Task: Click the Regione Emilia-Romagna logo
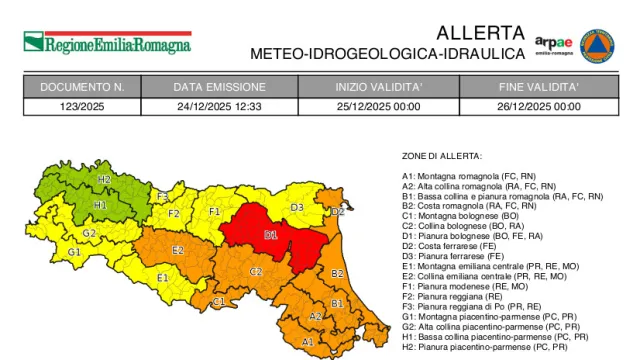click(x=107, y=43)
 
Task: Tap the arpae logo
click(x=553, y=45)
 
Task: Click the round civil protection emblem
click(x=597, y=45)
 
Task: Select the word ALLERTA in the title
click(x=480, y=32)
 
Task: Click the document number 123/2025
click(x=83, y=106)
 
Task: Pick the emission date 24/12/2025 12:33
click(x=219, y=106)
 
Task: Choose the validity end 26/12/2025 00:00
click(x=539, y=106)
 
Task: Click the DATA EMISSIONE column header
click(x=219, y=88)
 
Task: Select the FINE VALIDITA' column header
click(x=539, y=88)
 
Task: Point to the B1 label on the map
click(x=337, y=303)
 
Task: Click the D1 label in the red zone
click(x=270, y=235)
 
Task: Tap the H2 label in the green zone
click(x=104, y=180)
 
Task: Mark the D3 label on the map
click(x=297, y=208)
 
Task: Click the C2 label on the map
click(x=256, y=271)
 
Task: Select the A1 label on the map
click(x=308, y=342)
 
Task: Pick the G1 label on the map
click(x=74, y=252)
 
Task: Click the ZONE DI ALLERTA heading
click(x=442, y=156)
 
